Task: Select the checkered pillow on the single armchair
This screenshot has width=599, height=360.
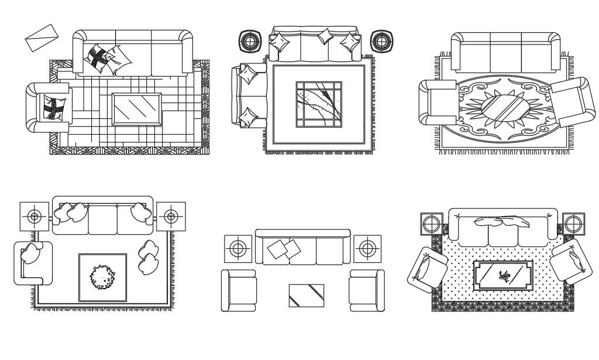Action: pos(51,108)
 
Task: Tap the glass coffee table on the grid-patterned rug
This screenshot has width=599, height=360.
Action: pos(136,109)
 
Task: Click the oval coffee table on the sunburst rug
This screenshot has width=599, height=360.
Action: pos(502,107)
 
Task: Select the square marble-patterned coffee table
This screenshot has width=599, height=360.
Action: pos(319,104)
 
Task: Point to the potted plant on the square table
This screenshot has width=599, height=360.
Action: pos(103,277)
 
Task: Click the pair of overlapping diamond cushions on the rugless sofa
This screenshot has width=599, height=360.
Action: pos(284,250)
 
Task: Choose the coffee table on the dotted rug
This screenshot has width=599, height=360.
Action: pos(503,275)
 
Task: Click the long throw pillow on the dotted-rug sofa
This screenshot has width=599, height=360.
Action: pos(501,222)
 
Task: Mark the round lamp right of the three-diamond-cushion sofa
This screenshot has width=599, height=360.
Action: pos(381,42)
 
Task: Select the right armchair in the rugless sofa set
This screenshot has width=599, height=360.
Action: pos(367,290)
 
